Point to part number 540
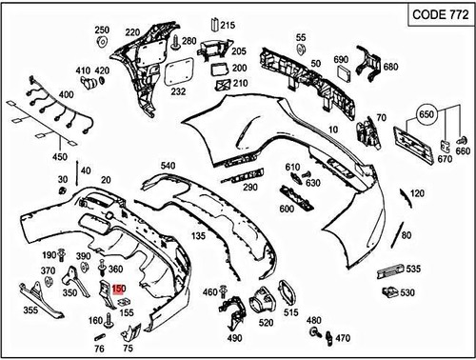point(169,166)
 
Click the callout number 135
point(198,235)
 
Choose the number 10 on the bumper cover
point(333,128)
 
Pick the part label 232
point(178,91)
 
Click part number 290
point(249,188)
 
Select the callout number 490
point(234,337)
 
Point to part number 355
point(30,310)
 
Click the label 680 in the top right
point(390,67)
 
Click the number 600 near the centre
point(286,209)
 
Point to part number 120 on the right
point(417,193)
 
